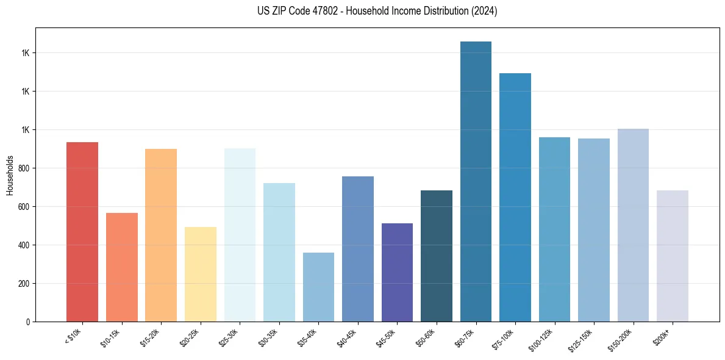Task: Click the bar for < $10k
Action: click(82, 232)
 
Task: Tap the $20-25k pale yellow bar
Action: click(200, 274)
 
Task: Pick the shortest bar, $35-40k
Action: click(318, 287)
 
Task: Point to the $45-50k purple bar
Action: click(397, 272)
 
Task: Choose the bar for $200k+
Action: click(673, 256)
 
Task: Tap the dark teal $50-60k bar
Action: click(437, 256)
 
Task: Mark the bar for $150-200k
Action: click(633, 225)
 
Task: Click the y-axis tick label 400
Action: click(24, 245)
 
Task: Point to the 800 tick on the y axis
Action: click(24, 168)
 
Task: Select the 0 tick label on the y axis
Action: click(28, 322)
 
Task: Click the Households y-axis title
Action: click(10, 175)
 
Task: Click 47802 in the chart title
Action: click(320, 11)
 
